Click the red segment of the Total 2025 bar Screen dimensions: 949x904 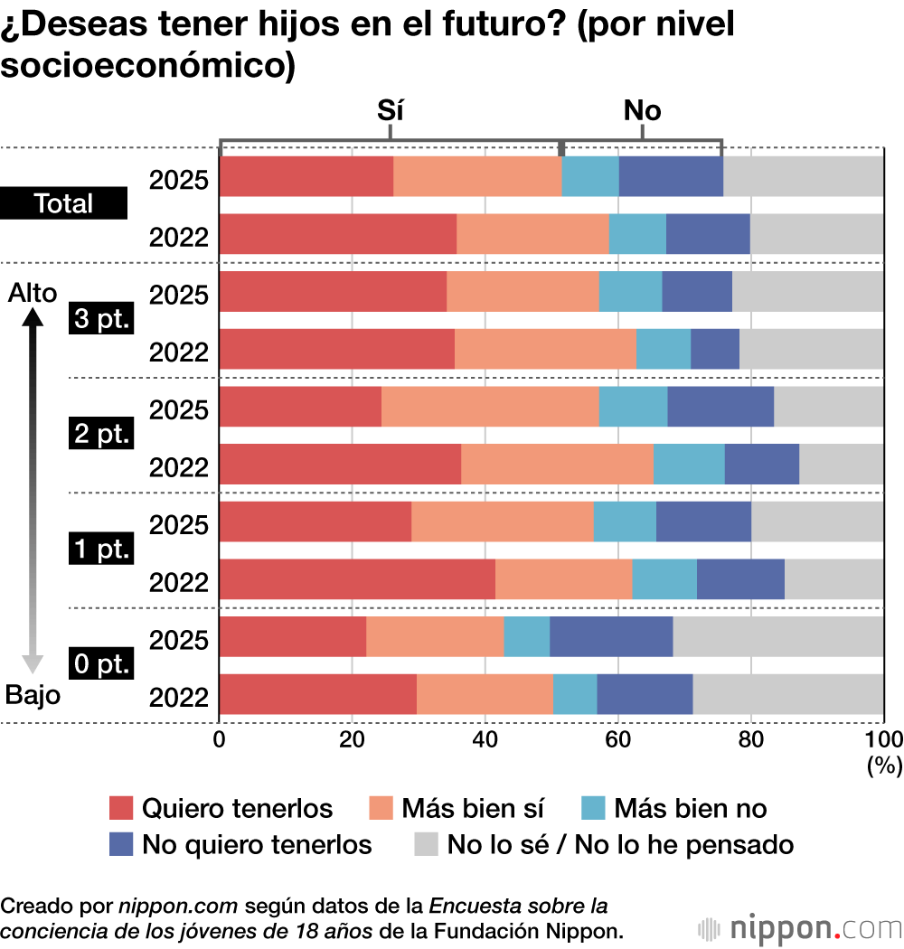tap(306, 176)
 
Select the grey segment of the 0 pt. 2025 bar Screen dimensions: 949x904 tap(778, 636)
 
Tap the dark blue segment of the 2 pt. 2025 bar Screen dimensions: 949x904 tap(720, 407)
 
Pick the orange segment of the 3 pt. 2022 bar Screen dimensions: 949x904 tap(545, 349)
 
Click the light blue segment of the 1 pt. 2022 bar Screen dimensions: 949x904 tap(664, 579)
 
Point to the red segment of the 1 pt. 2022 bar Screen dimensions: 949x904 tap(357, 579)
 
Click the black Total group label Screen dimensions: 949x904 tap(63, 203)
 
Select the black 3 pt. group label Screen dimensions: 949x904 tap(100, 320)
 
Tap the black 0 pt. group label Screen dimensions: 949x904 tap(100, 665)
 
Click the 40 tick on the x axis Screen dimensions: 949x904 tap(485, 738)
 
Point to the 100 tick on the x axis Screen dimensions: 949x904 tap(883, 738)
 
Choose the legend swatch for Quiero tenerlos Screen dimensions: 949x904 tap(121, 807)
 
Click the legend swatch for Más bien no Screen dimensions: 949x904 tap(592, 807)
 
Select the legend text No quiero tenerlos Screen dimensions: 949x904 tap(257, 844)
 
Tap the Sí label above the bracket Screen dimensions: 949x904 tap(390, 111)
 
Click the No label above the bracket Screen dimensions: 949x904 tap(642, 111)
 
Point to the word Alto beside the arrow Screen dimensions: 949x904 tap(32, 293)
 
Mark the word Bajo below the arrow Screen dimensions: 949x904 tap(33, 694)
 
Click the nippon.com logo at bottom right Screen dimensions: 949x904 tap(800, 928)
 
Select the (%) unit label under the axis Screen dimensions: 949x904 tap(883, 766)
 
